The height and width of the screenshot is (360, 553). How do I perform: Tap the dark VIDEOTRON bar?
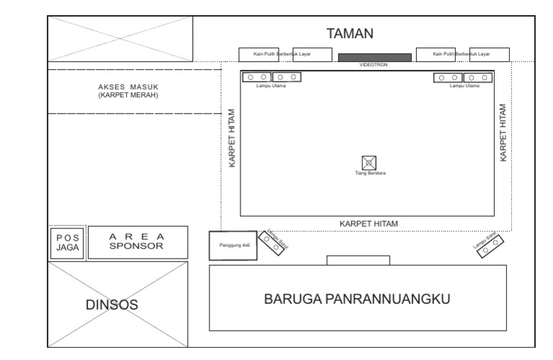pyautogui.click(x=374, y=57)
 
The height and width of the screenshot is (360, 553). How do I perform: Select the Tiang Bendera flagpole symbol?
pyautogui.click(x=370, y=163)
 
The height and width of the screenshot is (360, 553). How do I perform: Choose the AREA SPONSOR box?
pyautogui.click(x=137, y=242)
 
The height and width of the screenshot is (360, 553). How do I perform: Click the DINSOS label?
pyautogui.click(x=112, y=305)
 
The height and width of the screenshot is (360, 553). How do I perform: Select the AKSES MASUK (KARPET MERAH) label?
pyautogui.click(x=128, y=91)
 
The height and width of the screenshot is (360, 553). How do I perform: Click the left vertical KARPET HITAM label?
pyautogui.click(x=233, y=138)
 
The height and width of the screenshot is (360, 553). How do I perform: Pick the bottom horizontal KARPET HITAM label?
pyautogui.click(x=369, y=223)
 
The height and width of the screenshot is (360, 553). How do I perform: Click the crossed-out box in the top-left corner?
pyautogui.click(x=120, y=39)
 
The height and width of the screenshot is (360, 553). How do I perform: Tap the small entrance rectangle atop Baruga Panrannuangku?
pyautogui.click(x=358, y=260)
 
